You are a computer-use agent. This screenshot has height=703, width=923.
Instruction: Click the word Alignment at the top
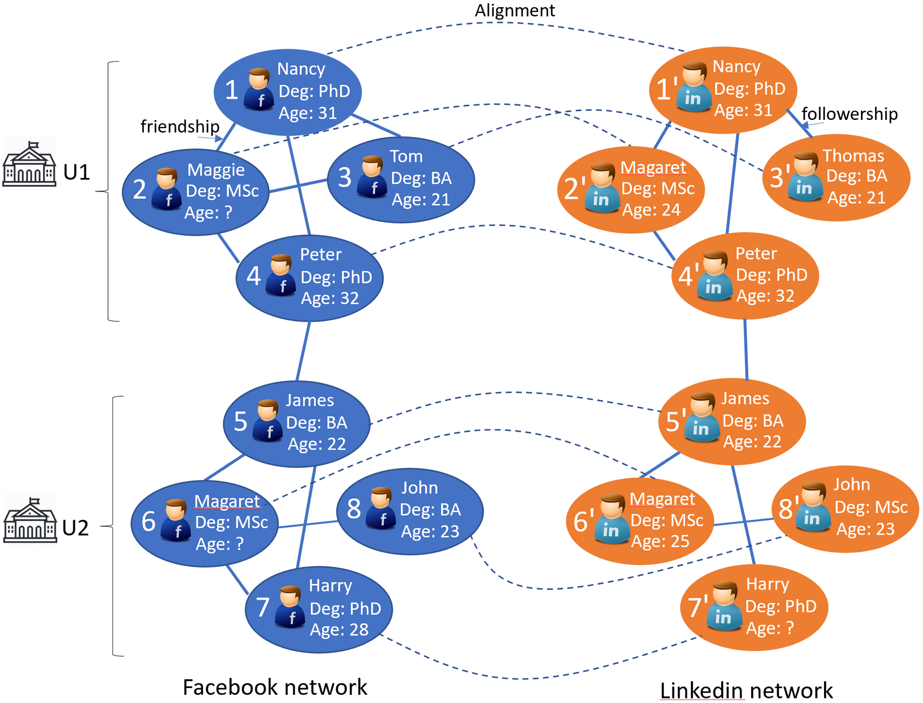coord(515,10)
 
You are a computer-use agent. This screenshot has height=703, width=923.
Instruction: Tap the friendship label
coord(180,126)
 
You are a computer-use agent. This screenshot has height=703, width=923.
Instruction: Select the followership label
coord(849,114)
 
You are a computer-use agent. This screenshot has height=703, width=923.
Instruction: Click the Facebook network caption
coord(274,687)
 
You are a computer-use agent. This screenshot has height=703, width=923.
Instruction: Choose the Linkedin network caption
coord(746,690)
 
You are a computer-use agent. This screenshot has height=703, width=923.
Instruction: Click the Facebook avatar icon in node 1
coord(259,89)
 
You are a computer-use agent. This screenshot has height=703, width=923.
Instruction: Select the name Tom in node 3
coord(406,156)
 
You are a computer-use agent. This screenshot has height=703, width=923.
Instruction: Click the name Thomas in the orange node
coord(853,155)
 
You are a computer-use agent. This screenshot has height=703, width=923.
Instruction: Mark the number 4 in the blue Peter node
coord(253,276)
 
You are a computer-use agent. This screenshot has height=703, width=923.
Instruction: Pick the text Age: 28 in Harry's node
coord(339,630)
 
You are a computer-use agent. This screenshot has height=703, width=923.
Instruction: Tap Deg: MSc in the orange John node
coord(871,507)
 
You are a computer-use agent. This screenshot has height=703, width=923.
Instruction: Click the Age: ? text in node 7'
coord(769,628)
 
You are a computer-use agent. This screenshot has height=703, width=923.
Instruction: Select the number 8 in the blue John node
coord(354,509)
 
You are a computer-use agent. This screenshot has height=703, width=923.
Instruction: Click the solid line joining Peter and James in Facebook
coord(303,351)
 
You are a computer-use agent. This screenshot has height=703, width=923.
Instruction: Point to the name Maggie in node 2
coord(216,170)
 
